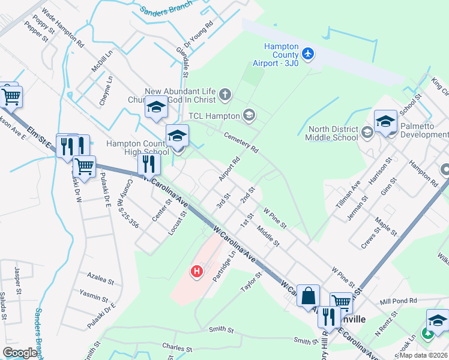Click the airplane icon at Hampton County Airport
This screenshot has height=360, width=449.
click(309, 54)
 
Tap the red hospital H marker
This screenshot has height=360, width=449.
click(196, 272)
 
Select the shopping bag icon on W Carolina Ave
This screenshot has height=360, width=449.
click(308, 296)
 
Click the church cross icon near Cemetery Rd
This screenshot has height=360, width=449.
click(225, 94)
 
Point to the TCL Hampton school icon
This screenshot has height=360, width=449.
click(249, 115)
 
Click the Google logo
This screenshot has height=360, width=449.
click(20, 353)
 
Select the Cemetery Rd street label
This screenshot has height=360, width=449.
click(240, 140)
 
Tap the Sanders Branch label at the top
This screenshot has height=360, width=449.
click(166, 7)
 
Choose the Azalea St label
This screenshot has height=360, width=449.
click(100, 279)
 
